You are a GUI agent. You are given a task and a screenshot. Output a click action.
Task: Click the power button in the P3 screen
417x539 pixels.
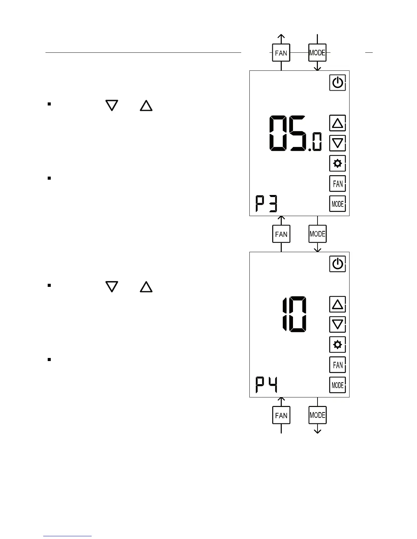pyautogui.click(x=337, y=83)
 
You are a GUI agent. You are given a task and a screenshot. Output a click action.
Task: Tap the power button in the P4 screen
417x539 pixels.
pyautogui.click(x=337, y=264)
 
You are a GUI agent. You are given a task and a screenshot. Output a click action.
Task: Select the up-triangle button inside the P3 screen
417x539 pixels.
pyautogui.click(x=337, y=123)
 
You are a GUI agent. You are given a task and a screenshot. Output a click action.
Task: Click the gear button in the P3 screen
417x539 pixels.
pyautogui.click(x=337, y=164)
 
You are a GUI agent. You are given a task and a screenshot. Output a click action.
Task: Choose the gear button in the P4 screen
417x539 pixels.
pyautogui.click(x=337, y=345)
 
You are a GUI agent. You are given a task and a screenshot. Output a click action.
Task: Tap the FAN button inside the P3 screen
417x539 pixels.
pyautogui.click(x=337, y=184)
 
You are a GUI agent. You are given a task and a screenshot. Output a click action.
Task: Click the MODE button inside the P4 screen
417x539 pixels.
pyautogui.click(x=337, y=385)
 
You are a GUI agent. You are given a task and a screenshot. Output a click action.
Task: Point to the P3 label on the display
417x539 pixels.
pyautogui.click(x=267, y=204)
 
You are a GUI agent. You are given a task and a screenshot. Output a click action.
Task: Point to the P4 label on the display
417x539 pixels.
pyautogui.click(x=267, y=385)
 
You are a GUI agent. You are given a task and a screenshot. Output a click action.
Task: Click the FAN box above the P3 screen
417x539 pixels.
pyautogui.click(x=281, y=53)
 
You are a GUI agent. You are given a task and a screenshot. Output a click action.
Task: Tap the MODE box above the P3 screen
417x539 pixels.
pyautogui.click(x=318, y=53)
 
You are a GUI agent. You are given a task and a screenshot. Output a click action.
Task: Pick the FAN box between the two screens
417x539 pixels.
pyautogui.click(x=281, y=234)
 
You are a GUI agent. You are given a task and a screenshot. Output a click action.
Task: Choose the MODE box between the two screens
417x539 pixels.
pyautogui.click(x=318, y=234)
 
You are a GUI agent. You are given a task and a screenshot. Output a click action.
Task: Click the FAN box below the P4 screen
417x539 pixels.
pyautogui.click(x=281, y=415)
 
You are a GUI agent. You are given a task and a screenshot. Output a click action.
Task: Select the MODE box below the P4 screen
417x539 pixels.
pyautogui.click(x=318, y=415)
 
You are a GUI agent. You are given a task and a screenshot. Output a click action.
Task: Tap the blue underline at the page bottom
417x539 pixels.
pyautogui.click(x=67, y=536)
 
